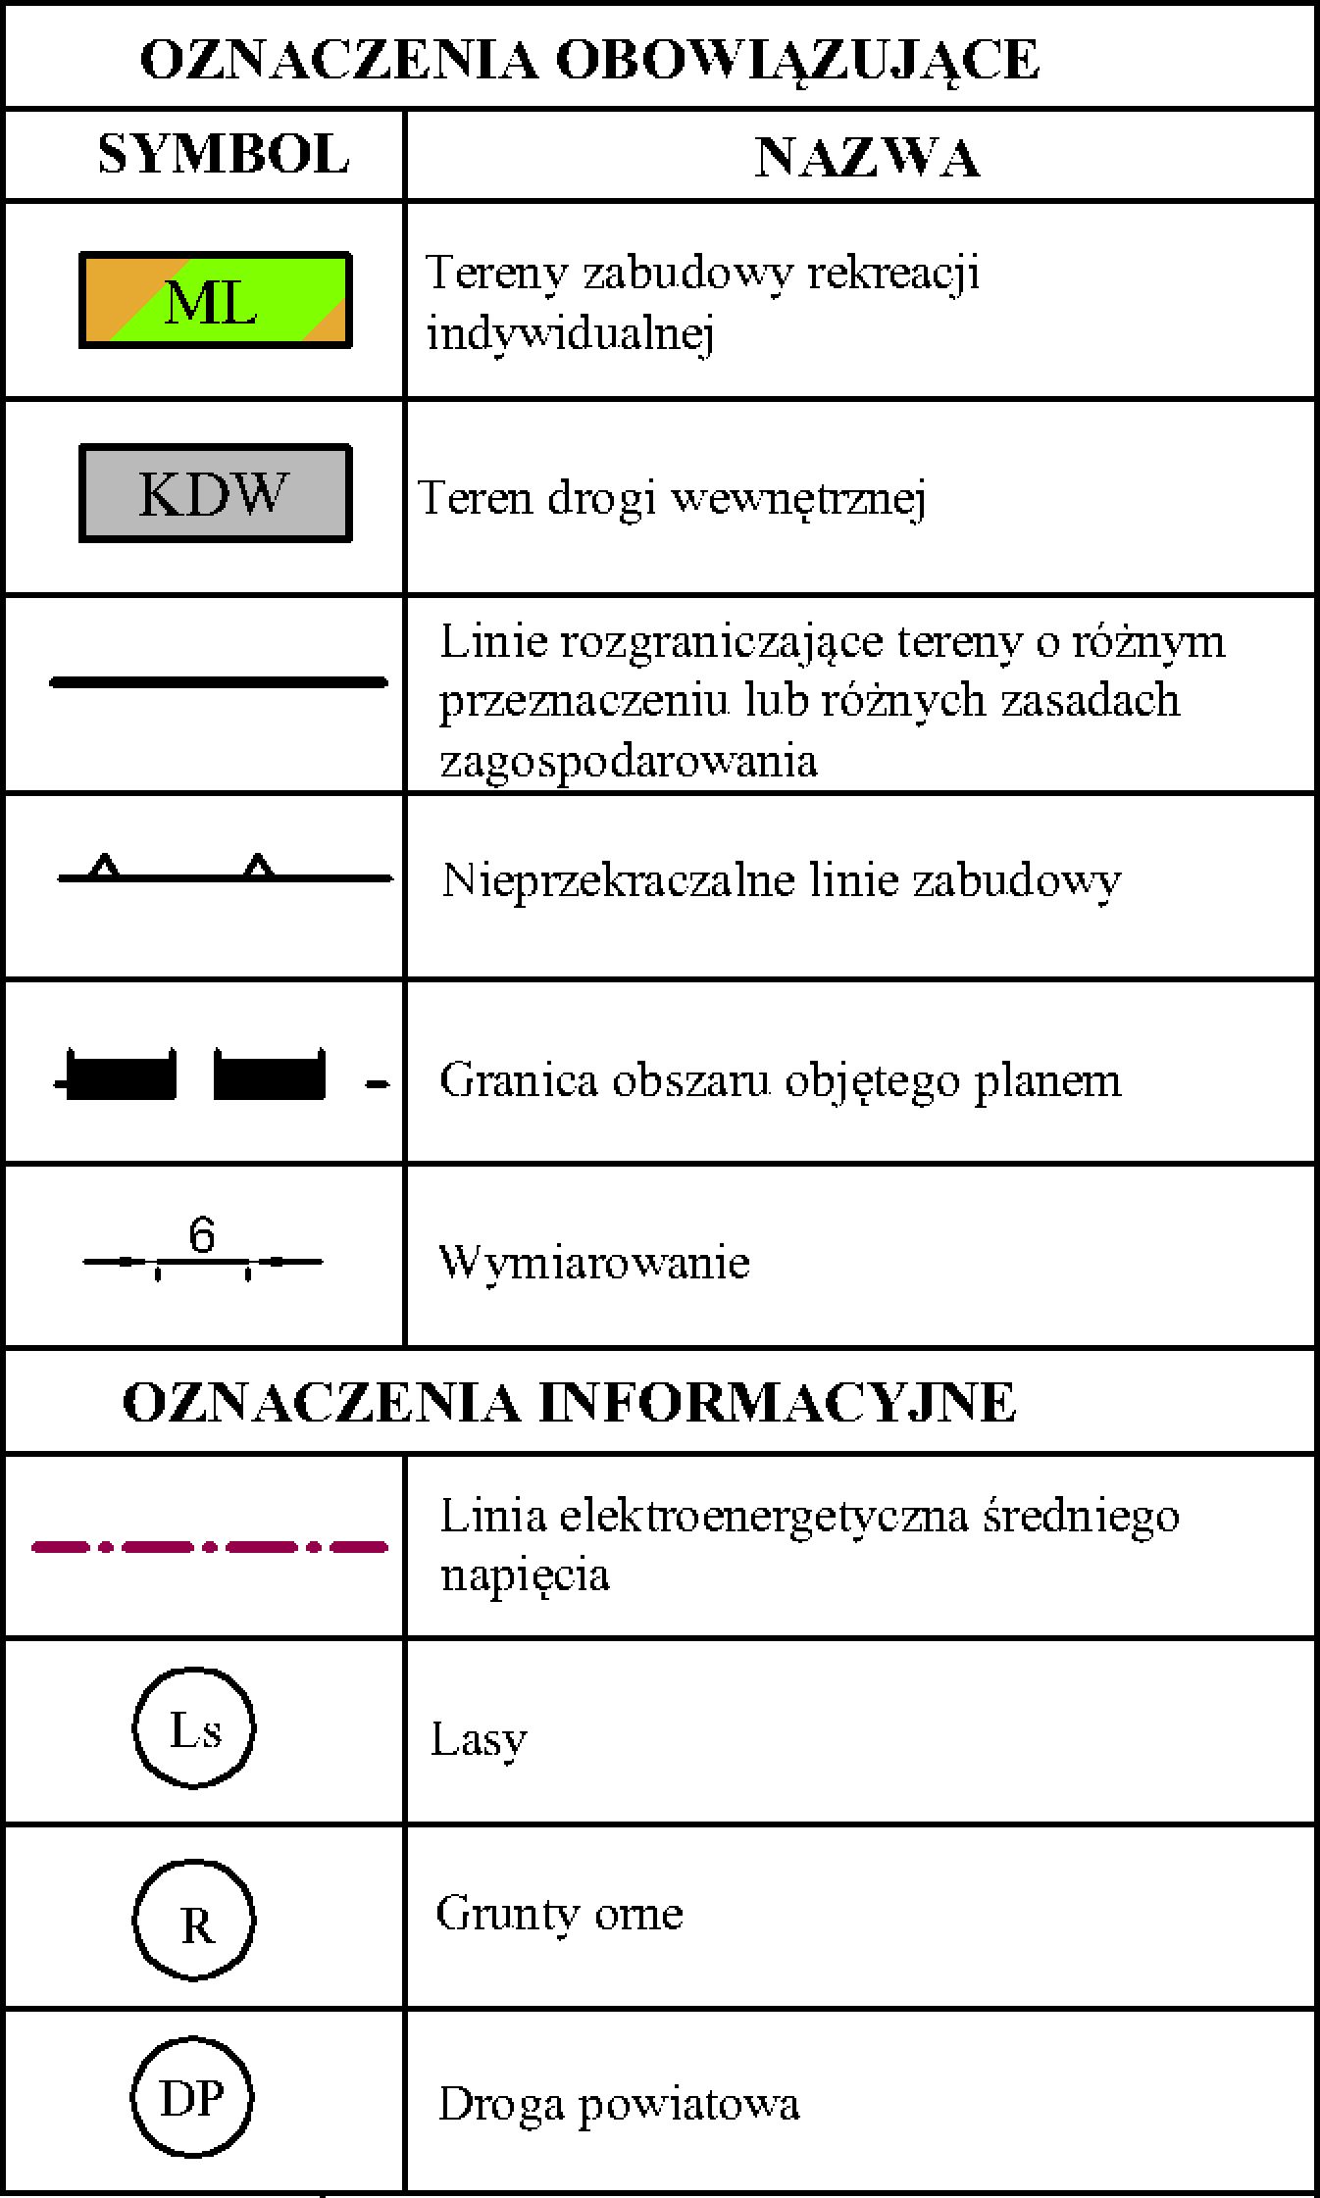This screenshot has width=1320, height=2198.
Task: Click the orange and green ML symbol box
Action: pos(215,300)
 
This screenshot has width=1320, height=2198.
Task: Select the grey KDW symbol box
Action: pos(215,493)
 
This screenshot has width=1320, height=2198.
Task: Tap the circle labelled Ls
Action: pos(194,1730)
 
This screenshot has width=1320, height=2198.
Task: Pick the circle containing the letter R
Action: pos(194,1922)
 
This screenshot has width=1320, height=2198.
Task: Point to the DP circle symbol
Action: pos(192,2100)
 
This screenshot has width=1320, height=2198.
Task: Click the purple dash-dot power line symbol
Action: pos(210,1547)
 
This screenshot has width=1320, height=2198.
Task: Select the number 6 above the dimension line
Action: pos(201,1235)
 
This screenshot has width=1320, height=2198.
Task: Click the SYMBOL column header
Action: pos(224,155)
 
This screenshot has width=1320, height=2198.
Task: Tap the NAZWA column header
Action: pos(867,157)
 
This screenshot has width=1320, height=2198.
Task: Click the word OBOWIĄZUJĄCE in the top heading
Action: pos(796,61)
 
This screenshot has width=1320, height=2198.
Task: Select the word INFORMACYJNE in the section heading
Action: pos(777,1402)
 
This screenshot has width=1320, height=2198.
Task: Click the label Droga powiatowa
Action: pos(618,2104)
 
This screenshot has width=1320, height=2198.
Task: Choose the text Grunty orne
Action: pos(559,1914)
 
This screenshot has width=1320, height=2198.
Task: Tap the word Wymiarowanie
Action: pos(594,1263)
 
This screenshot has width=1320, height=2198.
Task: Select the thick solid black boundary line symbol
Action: pos(219,681)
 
